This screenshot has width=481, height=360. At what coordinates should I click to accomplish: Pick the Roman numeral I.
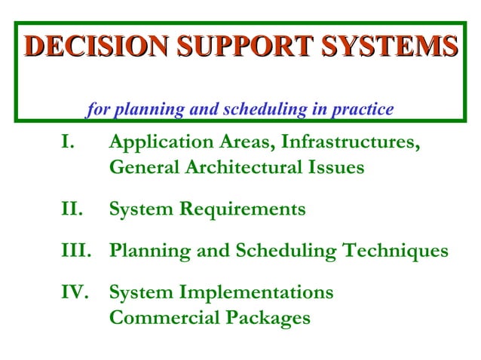click(68, 142)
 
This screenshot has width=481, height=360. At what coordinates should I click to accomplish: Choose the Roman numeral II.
click(72, 209)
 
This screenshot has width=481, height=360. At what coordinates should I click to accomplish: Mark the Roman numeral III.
click(77, 250)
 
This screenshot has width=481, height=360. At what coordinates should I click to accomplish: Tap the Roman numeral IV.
click(76, 291)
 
